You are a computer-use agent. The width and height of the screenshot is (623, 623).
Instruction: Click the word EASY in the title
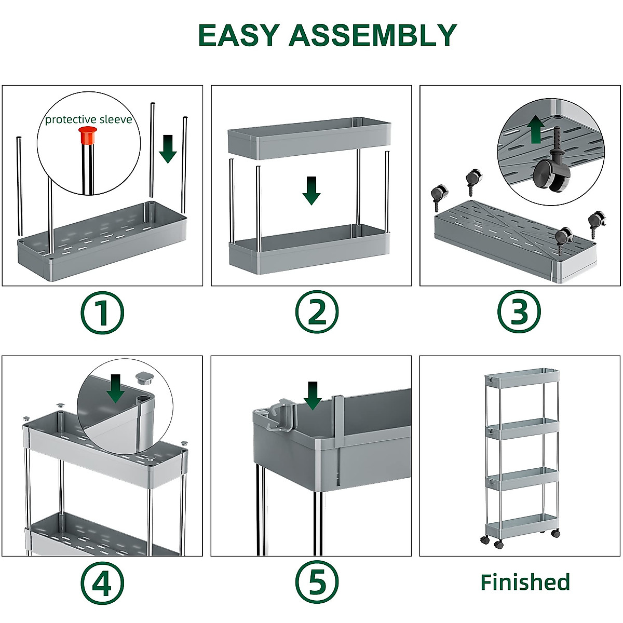239,35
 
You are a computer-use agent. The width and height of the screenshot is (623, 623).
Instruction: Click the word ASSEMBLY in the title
373,35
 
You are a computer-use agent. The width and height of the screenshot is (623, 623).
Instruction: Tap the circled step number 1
102,313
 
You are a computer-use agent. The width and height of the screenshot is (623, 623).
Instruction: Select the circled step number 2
316,313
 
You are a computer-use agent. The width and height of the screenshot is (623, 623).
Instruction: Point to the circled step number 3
519,313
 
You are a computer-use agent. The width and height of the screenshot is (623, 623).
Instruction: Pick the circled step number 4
102,583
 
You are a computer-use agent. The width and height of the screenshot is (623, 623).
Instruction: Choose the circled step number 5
316,583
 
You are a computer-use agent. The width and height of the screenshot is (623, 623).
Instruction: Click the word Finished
525,582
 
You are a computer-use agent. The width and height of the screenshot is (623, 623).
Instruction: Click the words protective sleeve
88,120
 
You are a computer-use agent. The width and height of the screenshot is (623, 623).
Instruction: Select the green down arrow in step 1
168,148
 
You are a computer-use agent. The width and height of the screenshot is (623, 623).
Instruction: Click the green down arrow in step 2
311,190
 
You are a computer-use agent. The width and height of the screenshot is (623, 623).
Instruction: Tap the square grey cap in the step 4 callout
144,376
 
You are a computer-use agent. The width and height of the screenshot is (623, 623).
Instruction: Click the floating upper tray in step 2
309,138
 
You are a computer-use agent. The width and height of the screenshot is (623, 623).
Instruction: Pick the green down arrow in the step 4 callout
115,388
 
